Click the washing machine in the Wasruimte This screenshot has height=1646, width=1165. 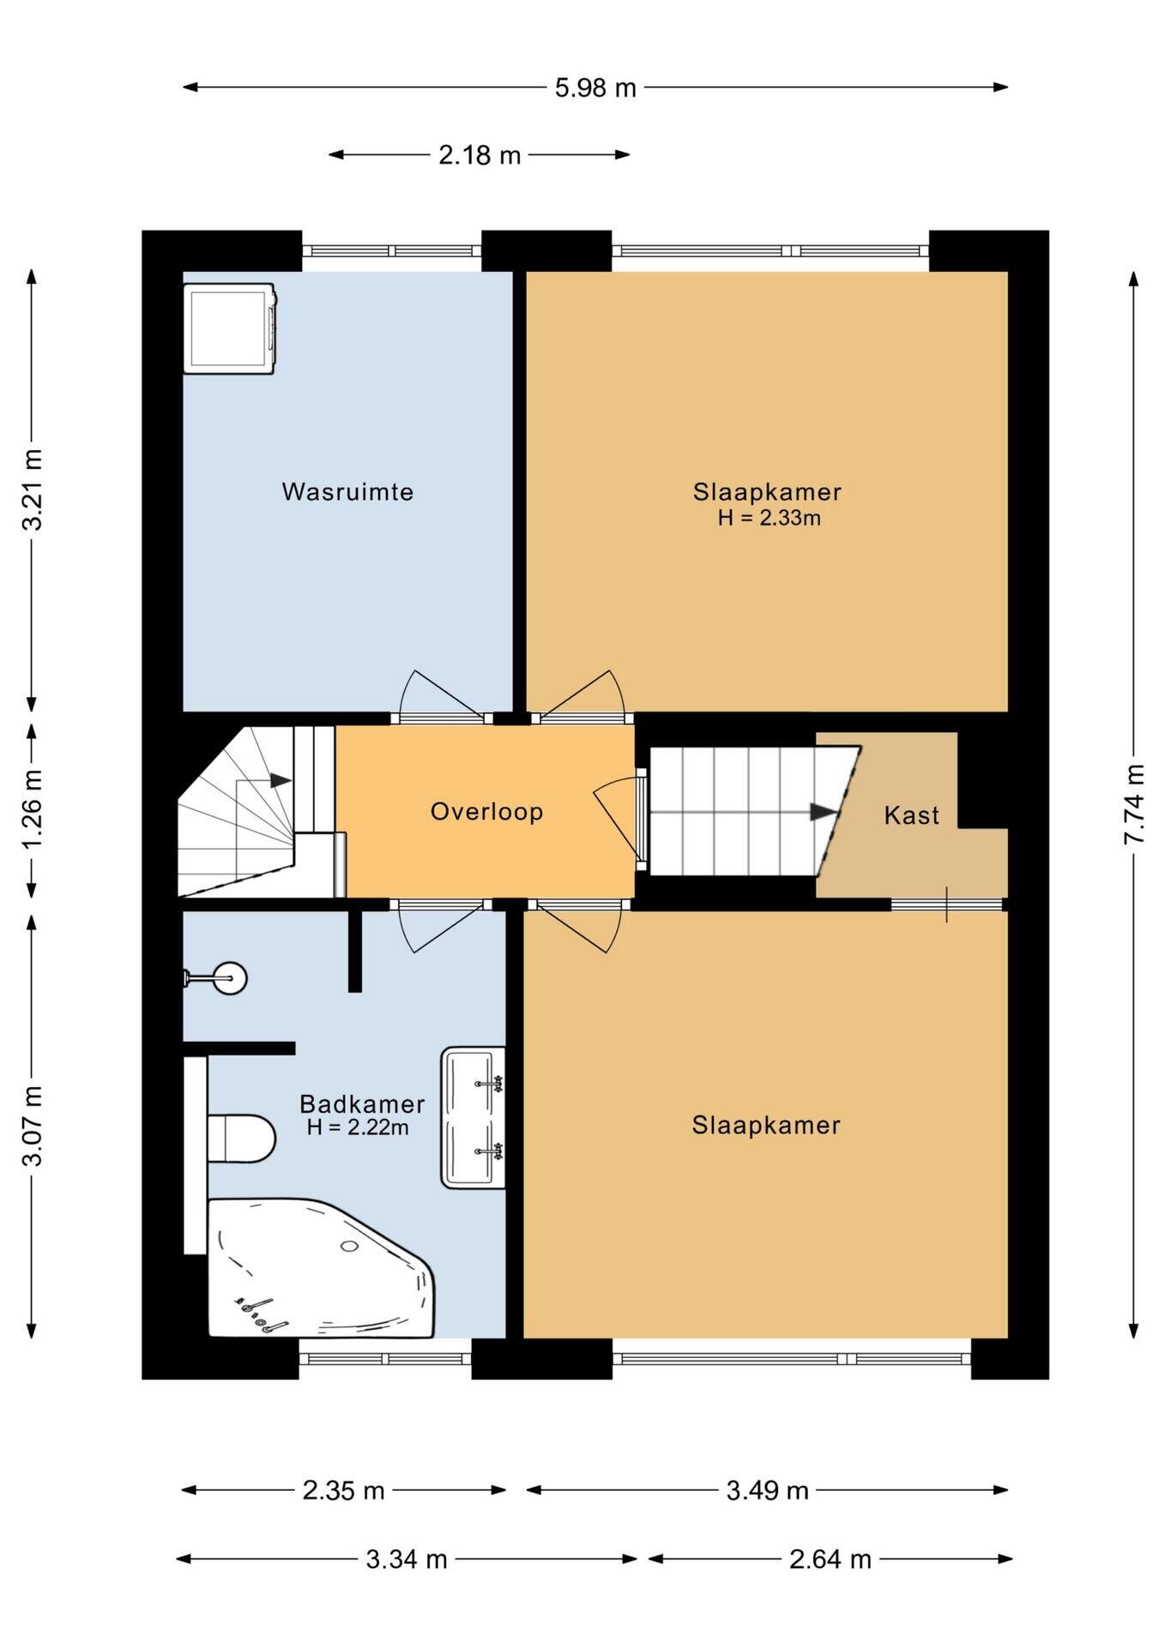pos(230,328)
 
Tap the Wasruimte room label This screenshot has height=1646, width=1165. pos(347,492)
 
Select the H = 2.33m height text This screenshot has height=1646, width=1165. pos(769,518)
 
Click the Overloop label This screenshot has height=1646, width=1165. pos(486,811)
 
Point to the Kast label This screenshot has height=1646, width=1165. pos(911,815)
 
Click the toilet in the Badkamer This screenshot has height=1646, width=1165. pos(241,1138)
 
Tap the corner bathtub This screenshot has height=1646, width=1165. pos(321,1267)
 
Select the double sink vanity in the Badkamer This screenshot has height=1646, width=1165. pos(473,1117)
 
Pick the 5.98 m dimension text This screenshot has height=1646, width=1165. pos(595,87)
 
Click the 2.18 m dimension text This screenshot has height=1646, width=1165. pos(480,155)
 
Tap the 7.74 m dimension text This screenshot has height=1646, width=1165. pos(1134,804)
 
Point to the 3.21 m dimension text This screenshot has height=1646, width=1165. pos(32,490)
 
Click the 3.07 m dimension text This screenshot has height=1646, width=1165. pos(32,1126)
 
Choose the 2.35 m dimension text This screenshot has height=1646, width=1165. pos(343,1491)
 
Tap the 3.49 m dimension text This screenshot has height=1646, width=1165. pos(767,1491)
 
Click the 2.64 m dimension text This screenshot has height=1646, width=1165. pos(830,1559)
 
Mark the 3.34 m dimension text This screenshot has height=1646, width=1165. pos(407,1559)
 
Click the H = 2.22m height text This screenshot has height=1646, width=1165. pos(358,1127)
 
